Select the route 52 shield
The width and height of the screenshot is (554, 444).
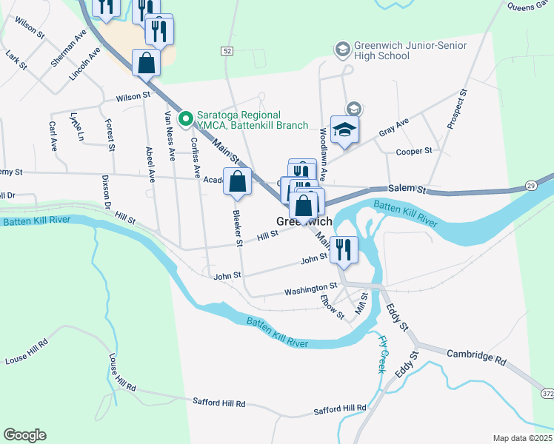pos(227,50)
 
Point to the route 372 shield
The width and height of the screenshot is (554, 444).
pos(547,391)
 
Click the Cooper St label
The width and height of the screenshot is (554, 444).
pos(414,151)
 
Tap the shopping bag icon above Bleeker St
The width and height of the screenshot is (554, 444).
pos(238,182)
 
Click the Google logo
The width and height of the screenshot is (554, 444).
pos(24,435)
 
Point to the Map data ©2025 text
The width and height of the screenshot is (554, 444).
pos(522,438)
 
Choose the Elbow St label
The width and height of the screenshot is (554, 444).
pos(333,307)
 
